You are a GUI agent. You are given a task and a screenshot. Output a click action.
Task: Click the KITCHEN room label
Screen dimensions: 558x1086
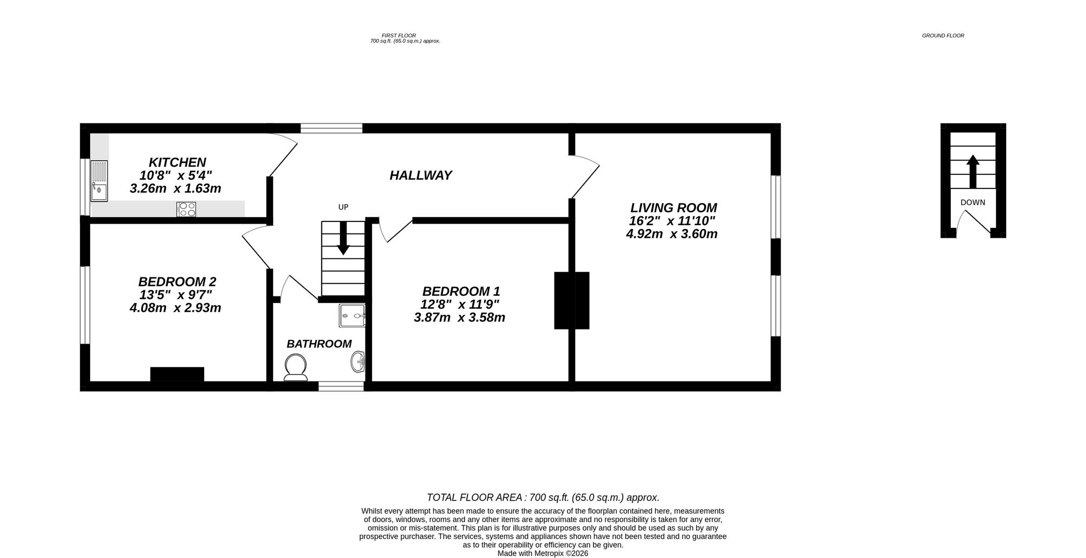coord(177,162)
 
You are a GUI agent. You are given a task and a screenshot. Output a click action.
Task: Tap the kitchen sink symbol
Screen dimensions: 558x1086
coord(99,181)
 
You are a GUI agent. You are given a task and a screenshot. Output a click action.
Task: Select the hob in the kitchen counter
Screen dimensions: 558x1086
coord(186,209)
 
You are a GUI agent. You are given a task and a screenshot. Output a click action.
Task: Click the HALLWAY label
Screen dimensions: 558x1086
coord(421,175)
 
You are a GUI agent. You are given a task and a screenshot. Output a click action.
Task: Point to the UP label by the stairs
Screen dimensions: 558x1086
coord(343,207)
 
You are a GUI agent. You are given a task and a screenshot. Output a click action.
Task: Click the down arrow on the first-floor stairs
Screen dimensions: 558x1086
coord(343,239)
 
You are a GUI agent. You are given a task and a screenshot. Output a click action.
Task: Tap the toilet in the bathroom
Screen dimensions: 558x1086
coord(295,367)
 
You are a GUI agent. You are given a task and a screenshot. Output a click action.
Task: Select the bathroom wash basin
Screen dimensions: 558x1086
coord(357,362)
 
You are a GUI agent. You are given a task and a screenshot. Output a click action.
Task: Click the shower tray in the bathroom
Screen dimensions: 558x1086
coord(352,315)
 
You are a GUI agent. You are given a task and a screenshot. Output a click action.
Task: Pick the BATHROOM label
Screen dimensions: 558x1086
coord(319,344)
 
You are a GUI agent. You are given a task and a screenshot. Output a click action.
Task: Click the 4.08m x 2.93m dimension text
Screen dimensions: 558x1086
coord(175,308)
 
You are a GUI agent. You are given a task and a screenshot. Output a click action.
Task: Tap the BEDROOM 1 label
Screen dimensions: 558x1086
coord(461,291)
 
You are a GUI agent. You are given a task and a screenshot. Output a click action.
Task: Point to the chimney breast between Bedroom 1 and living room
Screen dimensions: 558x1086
coord(571,300)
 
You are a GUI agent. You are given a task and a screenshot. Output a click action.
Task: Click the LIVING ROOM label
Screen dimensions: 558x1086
coord(673,208)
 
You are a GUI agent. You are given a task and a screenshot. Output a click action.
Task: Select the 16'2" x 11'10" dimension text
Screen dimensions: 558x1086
coord(672,221)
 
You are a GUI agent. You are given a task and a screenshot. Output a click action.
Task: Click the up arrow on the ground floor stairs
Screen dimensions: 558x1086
coord(973,171)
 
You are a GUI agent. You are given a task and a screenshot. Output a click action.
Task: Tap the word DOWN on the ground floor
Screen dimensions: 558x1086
coord(973,202)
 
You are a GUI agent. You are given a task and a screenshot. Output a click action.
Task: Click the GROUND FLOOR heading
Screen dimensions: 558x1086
coord(943,36)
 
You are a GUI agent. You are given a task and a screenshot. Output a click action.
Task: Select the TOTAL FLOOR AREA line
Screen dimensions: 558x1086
coord(543,497)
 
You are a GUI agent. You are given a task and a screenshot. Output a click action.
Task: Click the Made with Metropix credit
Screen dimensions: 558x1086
coord(543,553)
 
